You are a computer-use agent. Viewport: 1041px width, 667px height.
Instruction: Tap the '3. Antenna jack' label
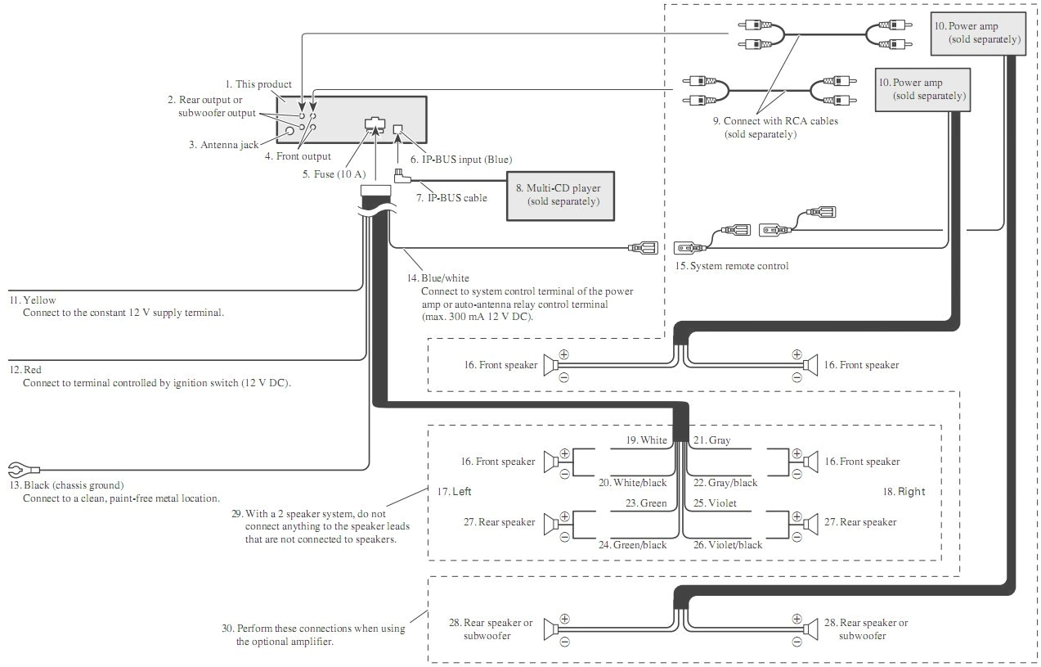223,145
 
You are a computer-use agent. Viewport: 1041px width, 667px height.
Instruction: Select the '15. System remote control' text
732,266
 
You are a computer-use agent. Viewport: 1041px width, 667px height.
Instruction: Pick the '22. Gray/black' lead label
725,483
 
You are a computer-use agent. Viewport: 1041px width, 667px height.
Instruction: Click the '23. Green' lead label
646,503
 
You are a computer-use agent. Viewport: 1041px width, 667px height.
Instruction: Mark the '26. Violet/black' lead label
728,545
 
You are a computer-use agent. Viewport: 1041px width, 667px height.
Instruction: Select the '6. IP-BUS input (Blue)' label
461,160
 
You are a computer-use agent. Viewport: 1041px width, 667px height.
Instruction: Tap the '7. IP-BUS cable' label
451,198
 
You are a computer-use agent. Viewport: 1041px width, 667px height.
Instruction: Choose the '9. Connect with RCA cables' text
774,121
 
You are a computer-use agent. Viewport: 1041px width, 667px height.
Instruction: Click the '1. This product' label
258,84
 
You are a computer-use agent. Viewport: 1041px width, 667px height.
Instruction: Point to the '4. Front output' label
298,156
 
